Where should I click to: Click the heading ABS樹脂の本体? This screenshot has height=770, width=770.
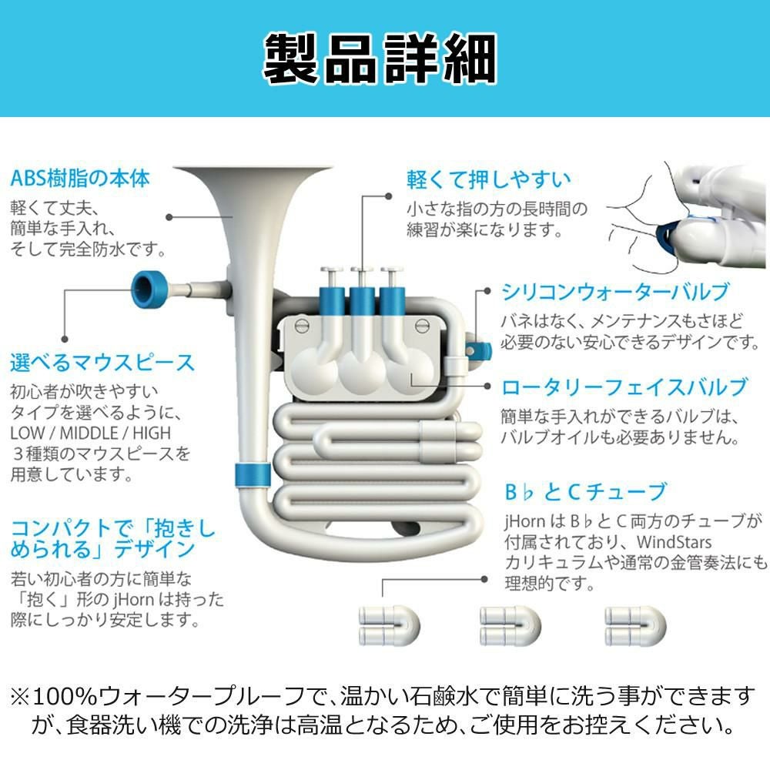[x=80, y=179]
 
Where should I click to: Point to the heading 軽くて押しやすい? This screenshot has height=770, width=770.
[x=488, y=179]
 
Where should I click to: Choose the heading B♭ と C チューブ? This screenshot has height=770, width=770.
[x=574, y=490]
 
